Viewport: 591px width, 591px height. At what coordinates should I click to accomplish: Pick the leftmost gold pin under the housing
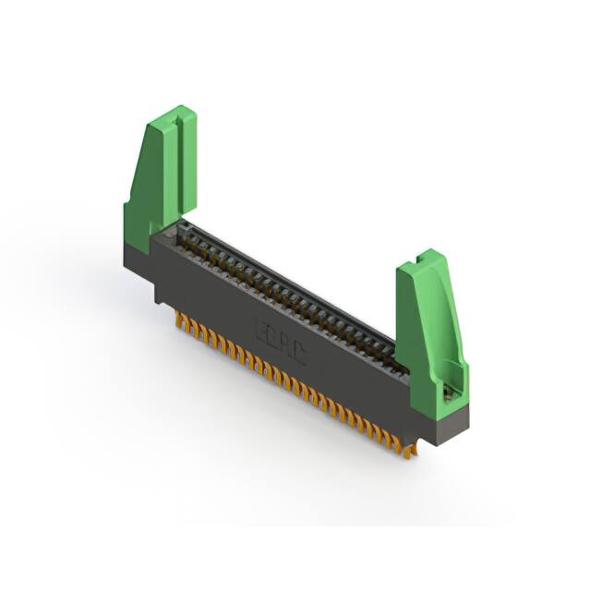tap(177, 318)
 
